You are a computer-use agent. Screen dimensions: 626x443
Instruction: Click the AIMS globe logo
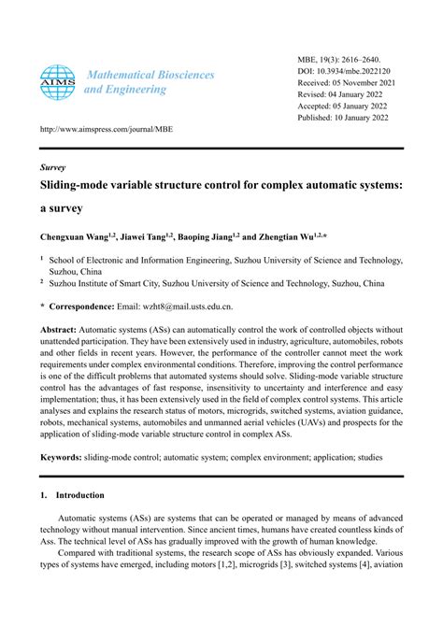(x=58, y=81)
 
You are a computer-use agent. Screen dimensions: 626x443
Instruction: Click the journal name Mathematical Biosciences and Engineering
(x=140, y=81)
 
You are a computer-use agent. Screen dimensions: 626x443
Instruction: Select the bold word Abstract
(x=58, y=330)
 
